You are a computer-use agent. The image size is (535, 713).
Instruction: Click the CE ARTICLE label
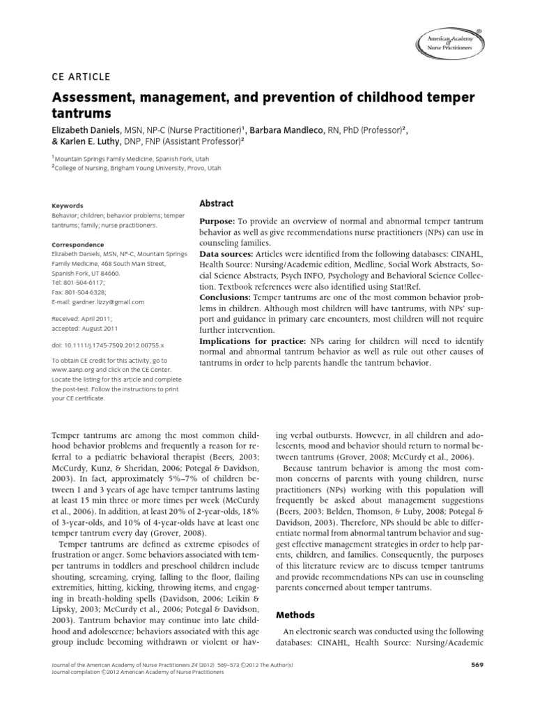click(x=82, y=77)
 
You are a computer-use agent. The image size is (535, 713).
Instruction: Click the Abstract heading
click(x=217, y=203)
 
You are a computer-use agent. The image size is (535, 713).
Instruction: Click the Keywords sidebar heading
click(x=68, y=206)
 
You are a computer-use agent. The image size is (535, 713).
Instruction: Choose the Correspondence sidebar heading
click(x=78, y=245)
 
